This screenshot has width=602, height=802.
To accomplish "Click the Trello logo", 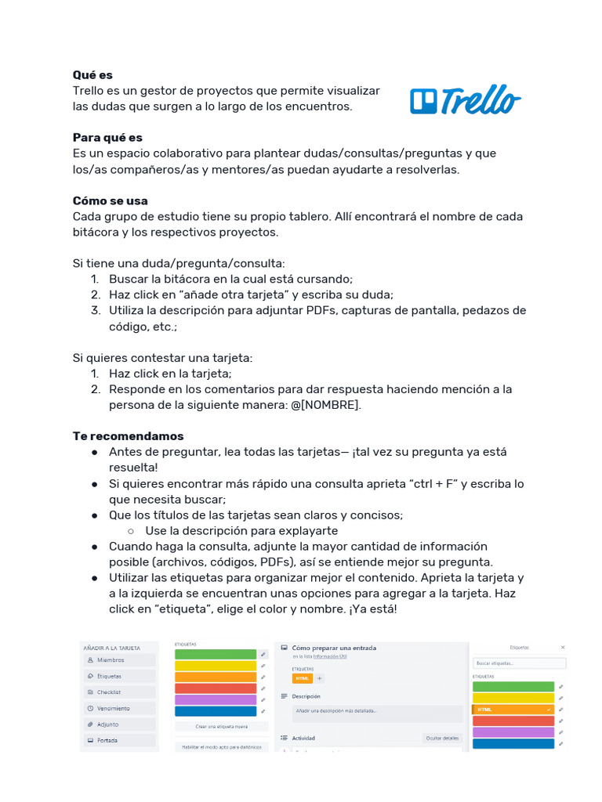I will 465,99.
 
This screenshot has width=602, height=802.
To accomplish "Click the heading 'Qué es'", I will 92,75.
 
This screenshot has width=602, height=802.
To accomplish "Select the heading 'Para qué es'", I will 107,138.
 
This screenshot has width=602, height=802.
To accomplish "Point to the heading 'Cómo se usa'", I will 110,200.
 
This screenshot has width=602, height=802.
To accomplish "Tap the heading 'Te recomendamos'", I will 128,436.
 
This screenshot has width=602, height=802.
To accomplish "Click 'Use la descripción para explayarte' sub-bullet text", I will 241,530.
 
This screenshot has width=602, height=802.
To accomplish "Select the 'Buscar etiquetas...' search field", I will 519,663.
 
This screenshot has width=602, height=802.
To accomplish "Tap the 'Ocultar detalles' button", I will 443,738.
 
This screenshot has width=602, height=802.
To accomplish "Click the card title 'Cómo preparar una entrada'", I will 334,648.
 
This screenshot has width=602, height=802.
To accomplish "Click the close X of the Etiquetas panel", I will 563,648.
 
